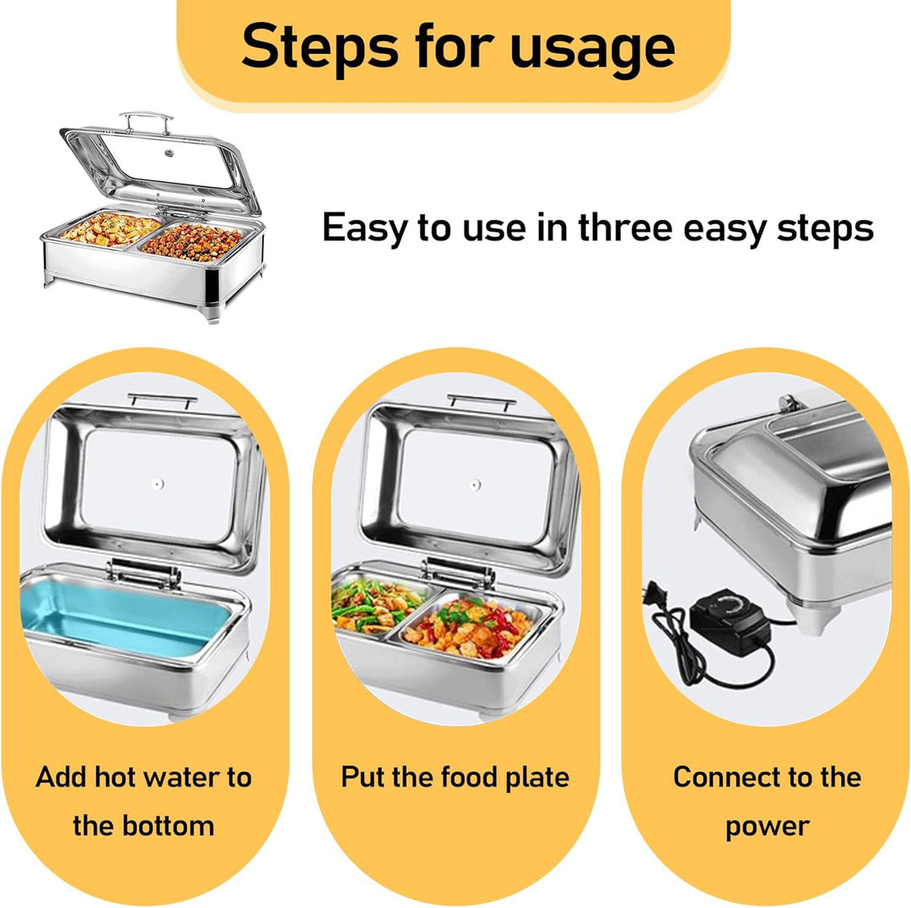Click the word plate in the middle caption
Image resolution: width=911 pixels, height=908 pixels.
pos(537,778)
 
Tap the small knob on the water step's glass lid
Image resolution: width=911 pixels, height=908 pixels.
pos(158,484)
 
